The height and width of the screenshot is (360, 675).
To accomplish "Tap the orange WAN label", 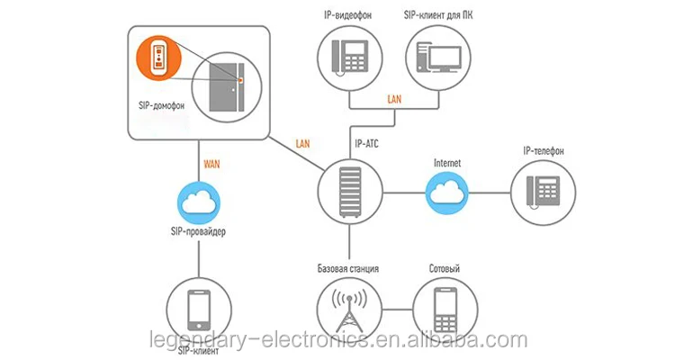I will click(212, 166).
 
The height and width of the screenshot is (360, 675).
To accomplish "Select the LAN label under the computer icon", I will click(394, 99).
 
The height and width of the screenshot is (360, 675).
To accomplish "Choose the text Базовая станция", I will click(347, 269).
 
